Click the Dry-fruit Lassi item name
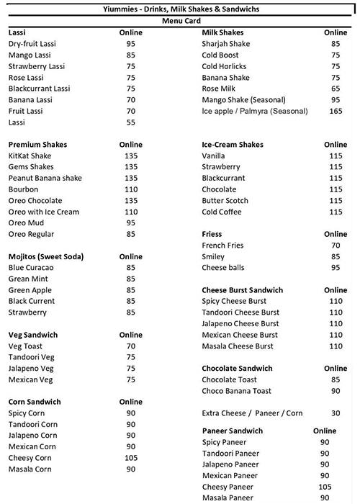tap(32, 44)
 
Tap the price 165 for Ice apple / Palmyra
tap(336, 112)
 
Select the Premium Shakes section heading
tap(37, 145)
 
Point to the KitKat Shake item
tap(30, 156)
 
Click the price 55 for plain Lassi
tap(130, 122)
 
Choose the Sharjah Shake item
tap(225, 44)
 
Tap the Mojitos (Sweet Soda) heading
tap(46, 256)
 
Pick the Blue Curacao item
tap(32, 268)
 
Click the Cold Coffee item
tap(221, 212)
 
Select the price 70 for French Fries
tap(336, 246)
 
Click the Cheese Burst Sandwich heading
tap(243, 290)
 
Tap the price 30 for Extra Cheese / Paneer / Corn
tap(336, 413)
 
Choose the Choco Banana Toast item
tap(236, 391)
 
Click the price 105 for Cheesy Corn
tap(130, 458)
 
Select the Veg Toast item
tap(26, 346)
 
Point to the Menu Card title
tap(179, 21)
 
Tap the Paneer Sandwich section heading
tap(233, 431)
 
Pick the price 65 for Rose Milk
tap(336, 89)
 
